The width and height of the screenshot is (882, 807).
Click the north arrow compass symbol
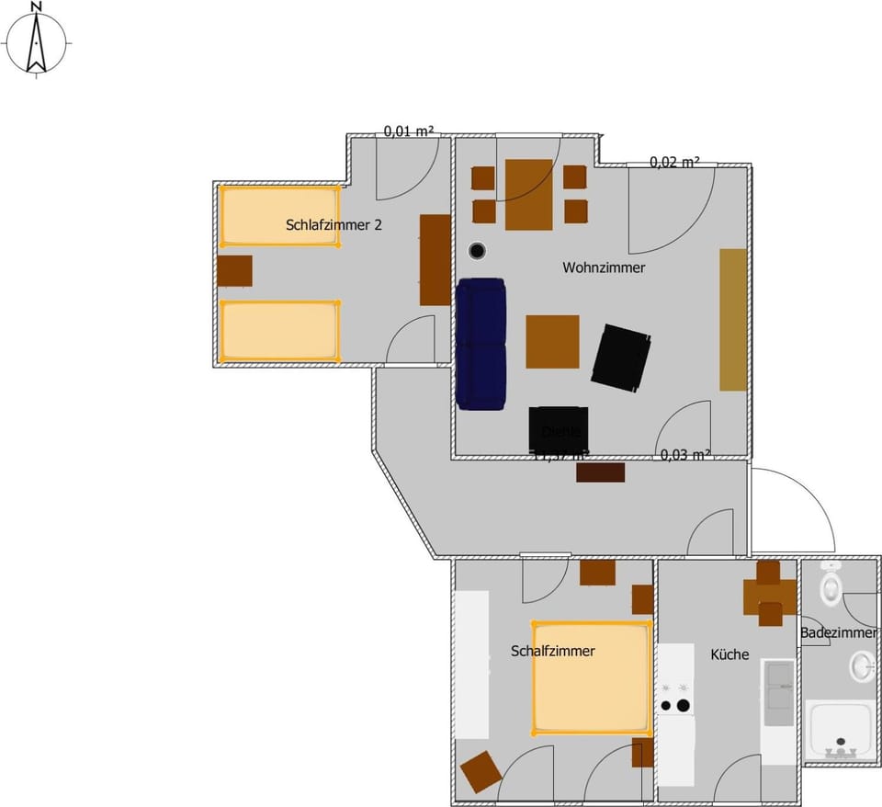[x=37, y=40]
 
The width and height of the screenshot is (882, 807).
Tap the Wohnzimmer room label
[x=604, y=268]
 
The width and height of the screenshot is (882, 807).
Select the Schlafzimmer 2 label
[x=334, y=224]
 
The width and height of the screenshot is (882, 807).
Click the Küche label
[x=729, y=654]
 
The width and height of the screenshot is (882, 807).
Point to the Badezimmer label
[x=838, y=632]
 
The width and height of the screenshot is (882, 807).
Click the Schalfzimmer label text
[x=552, y=651]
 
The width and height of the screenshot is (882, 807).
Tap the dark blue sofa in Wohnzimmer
[x=481, y=343]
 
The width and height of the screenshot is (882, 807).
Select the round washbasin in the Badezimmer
[x=862, y=665]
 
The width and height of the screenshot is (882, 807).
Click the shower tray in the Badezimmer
[x=839, y=729]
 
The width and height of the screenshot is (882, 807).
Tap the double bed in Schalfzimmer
[x=591, y=678]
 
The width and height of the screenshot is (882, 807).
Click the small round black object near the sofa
[x=477, y=250]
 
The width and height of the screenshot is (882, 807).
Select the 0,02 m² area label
[x=674, y=162]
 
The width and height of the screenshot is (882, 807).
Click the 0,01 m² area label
[x=408, y=131]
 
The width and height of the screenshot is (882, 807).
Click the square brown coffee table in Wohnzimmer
[x=552, y=341]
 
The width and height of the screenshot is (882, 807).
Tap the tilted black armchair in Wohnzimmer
[x=621, y=358]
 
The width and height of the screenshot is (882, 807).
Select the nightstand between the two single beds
[x=235, y=270]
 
